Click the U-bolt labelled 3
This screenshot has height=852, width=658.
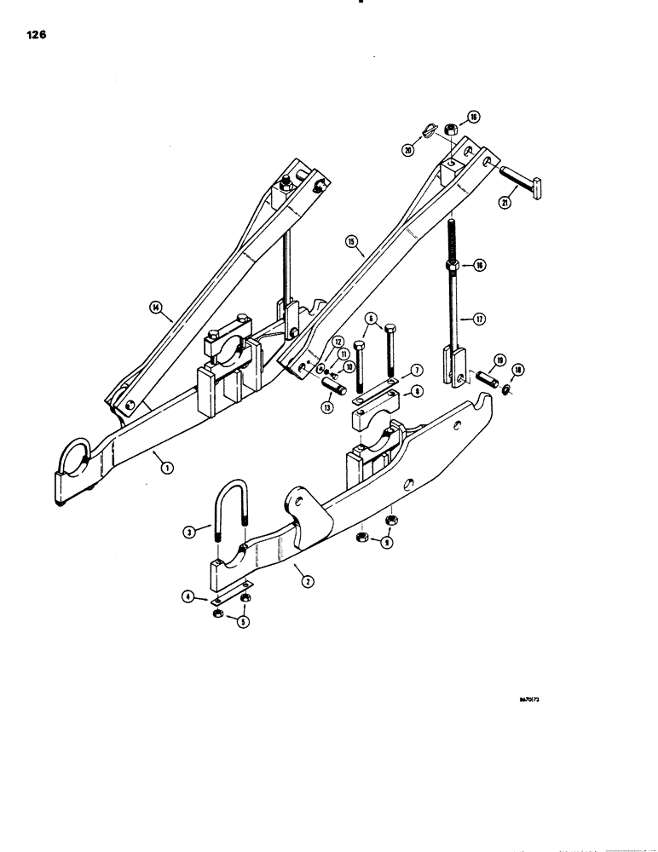click(228, 528)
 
